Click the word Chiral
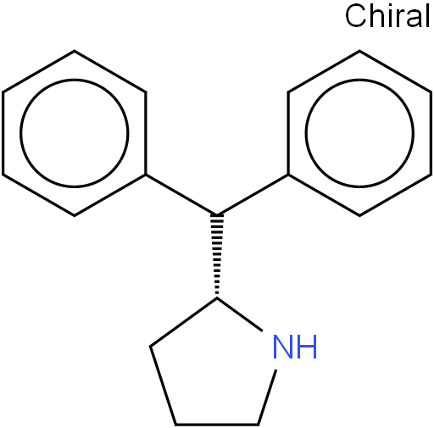[387, 16]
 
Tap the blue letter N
[283, 347]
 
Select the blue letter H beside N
[307, 347]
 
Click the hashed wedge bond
[217, 256]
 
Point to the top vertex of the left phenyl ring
[75, 51]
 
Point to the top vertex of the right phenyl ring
[359, 51]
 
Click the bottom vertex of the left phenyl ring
[75, 216]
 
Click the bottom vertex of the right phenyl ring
[359, 216]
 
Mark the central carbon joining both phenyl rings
[217, 215]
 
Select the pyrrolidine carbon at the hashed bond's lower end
[217, 297]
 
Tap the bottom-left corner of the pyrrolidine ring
[175, 425]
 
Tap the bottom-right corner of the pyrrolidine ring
[258, 425]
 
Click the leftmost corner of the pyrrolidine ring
[150, 346]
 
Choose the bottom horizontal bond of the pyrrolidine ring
[217, 425]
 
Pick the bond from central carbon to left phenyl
[181, 195]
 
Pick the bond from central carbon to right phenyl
[253, 195]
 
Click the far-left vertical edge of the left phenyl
[3, 133]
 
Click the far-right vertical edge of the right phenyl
[431, 133]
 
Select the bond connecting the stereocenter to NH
[240, 314]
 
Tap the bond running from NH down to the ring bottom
[267, 397]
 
